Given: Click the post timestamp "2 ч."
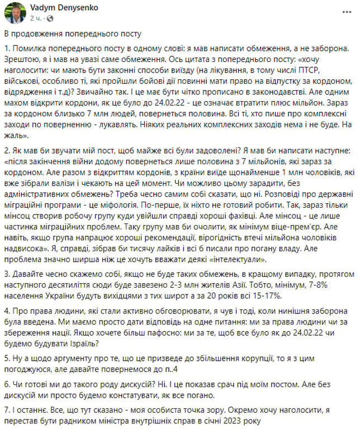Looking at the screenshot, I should [x=36, y=18].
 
